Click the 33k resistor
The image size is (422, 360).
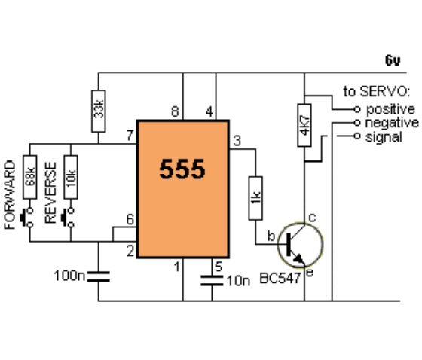pos(98,111)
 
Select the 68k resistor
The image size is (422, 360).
pos(30,177)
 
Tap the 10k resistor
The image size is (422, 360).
pos(71,177)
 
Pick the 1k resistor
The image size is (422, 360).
pos(255,198)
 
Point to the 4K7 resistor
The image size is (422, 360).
pos(304,125)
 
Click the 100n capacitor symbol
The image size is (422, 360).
pos(99,276)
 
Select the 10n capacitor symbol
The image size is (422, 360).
pos(212,280)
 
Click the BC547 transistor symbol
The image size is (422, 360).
pos(300,245)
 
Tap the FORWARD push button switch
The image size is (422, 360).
pos(27,218)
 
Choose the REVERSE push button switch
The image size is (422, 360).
pos(68,218)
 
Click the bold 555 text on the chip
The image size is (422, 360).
pos(182,169)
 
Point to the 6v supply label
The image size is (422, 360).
pos(393,60)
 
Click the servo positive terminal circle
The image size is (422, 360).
pos(357,109)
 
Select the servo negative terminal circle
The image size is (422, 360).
pos(357,123)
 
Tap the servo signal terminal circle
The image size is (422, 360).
pos(357,136)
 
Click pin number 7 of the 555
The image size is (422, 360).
pos(130,136)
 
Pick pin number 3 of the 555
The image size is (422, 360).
pos(237,141)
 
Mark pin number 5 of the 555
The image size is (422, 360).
pos(219,267)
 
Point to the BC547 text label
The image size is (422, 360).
pos(280,278)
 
